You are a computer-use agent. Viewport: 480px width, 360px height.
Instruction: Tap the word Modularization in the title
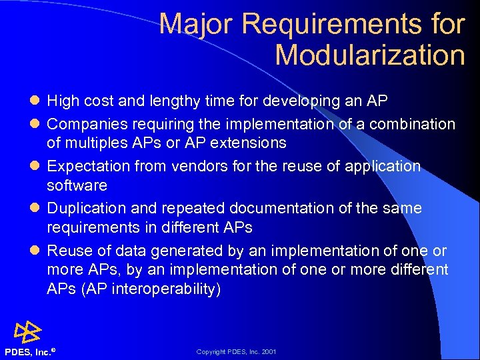pyautogui.click(x=369, y=55)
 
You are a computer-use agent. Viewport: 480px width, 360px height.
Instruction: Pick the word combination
pyautogui.click(x=413, y=124)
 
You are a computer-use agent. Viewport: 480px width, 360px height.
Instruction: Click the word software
pyautogui.click(x=77, y=185)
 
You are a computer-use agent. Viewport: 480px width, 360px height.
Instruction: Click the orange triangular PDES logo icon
pyautogui.click(x=27, y=331)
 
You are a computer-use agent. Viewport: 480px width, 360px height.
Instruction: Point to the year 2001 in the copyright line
pyautogui.click(x=269, y=352)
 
